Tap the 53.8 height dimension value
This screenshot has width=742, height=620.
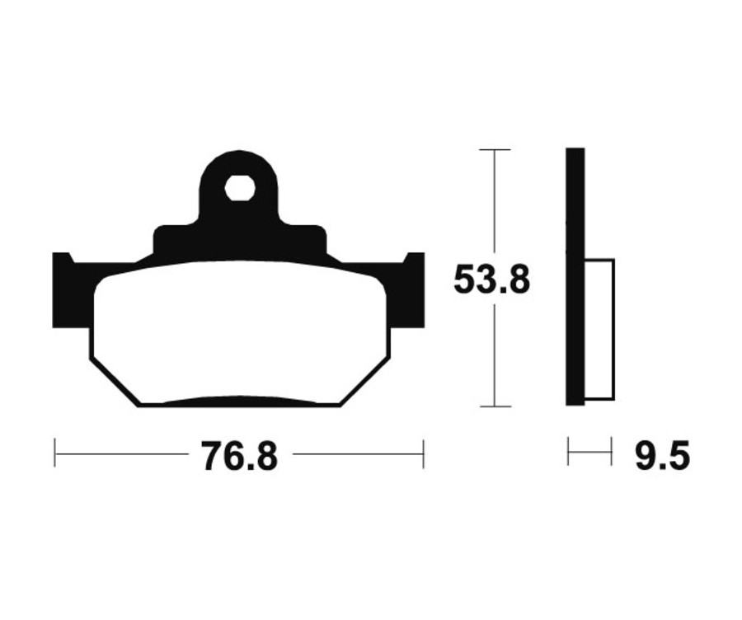tap(491, 280)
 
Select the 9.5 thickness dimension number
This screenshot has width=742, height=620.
tap(662, 455)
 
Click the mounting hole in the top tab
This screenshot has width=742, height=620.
tap(239, 188)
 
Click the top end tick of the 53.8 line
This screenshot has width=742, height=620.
tap(494, 150)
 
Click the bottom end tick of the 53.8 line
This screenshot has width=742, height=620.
tap(494, 406)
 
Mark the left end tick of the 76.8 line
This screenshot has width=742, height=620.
tap(55, 453)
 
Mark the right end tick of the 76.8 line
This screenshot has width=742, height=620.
tap(422, 453)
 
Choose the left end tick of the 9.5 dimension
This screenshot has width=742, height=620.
tap(568, 453)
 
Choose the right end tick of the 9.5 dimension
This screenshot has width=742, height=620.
tap(611, 453)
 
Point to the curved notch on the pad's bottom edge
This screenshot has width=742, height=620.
tap(239, 400)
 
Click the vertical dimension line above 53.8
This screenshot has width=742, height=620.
tap(494, 206)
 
